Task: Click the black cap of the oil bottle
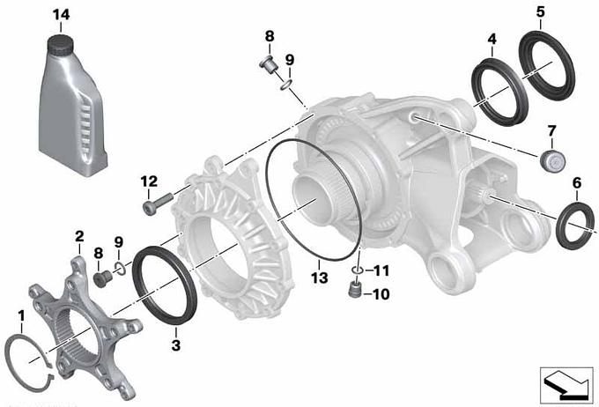60,43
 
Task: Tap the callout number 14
61,15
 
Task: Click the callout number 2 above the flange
79,236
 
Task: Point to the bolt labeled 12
157,203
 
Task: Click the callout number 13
319,277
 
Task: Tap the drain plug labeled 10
354,289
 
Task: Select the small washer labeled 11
357,270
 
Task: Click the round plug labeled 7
553,160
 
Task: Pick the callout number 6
576,183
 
